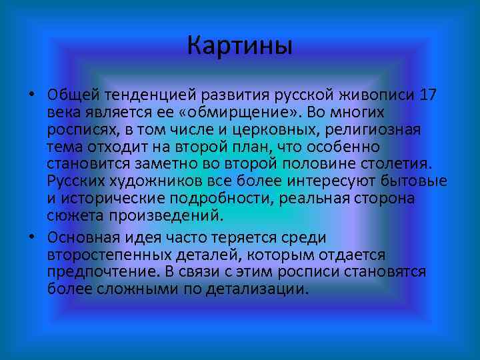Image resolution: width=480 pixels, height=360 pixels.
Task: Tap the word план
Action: (256, 147)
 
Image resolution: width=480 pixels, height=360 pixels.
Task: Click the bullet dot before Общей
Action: (31, 94)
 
